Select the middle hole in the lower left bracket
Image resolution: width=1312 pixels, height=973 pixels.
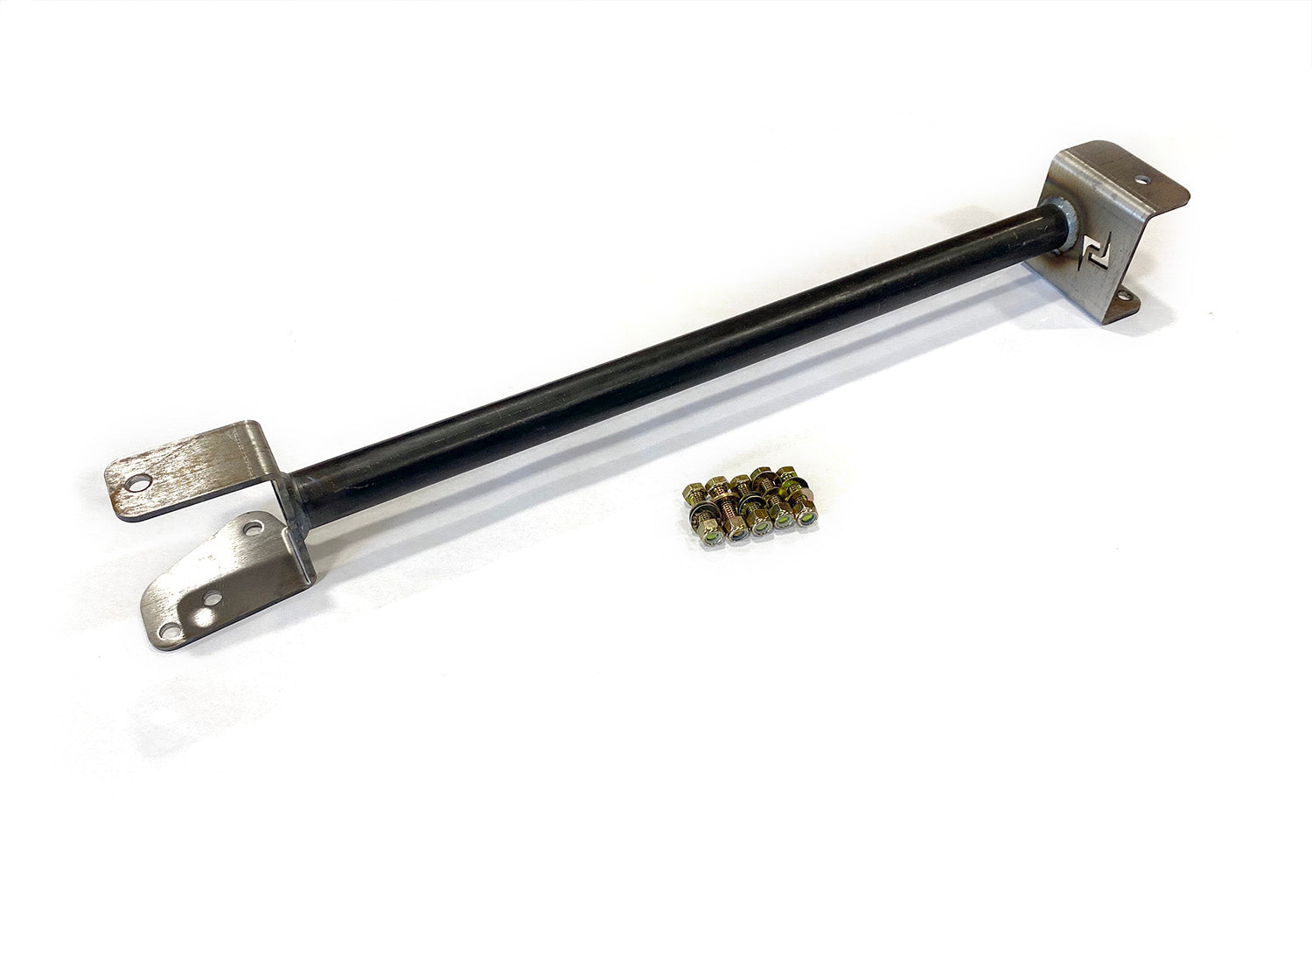[211, 600]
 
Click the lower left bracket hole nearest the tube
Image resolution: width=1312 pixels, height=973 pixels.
[253, 528]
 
